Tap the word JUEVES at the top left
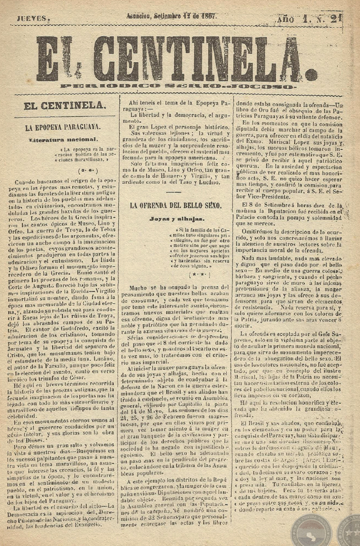(x=33, y=18)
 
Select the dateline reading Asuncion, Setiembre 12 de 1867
(x=172, y=16)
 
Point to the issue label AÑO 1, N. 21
(x=314, y=19)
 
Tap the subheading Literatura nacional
(x=63, y=139)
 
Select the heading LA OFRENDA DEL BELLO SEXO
(x=175, y=205)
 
